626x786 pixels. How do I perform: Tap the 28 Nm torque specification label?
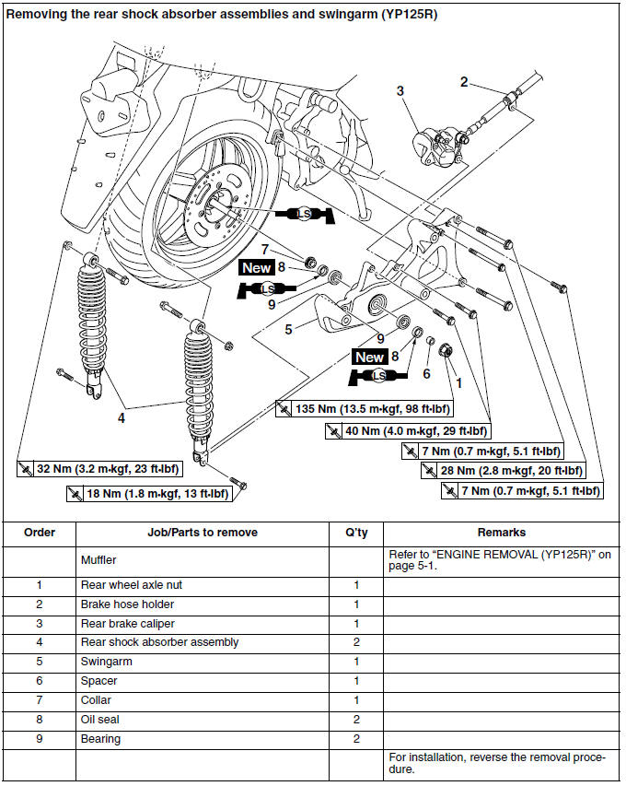511,470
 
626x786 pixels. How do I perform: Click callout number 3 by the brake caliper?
400,90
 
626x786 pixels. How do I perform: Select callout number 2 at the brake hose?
465,81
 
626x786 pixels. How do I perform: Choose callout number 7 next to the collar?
264,250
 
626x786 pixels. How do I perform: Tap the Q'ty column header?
355,533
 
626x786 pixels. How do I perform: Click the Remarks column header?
502,533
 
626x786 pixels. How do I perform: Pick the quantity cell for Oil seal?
355,720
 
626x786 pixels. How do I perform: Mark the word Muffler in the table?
99,559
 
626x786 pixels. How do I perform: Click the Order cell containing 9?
40,739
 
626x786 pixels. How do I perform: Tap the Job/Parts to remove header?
203,533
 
